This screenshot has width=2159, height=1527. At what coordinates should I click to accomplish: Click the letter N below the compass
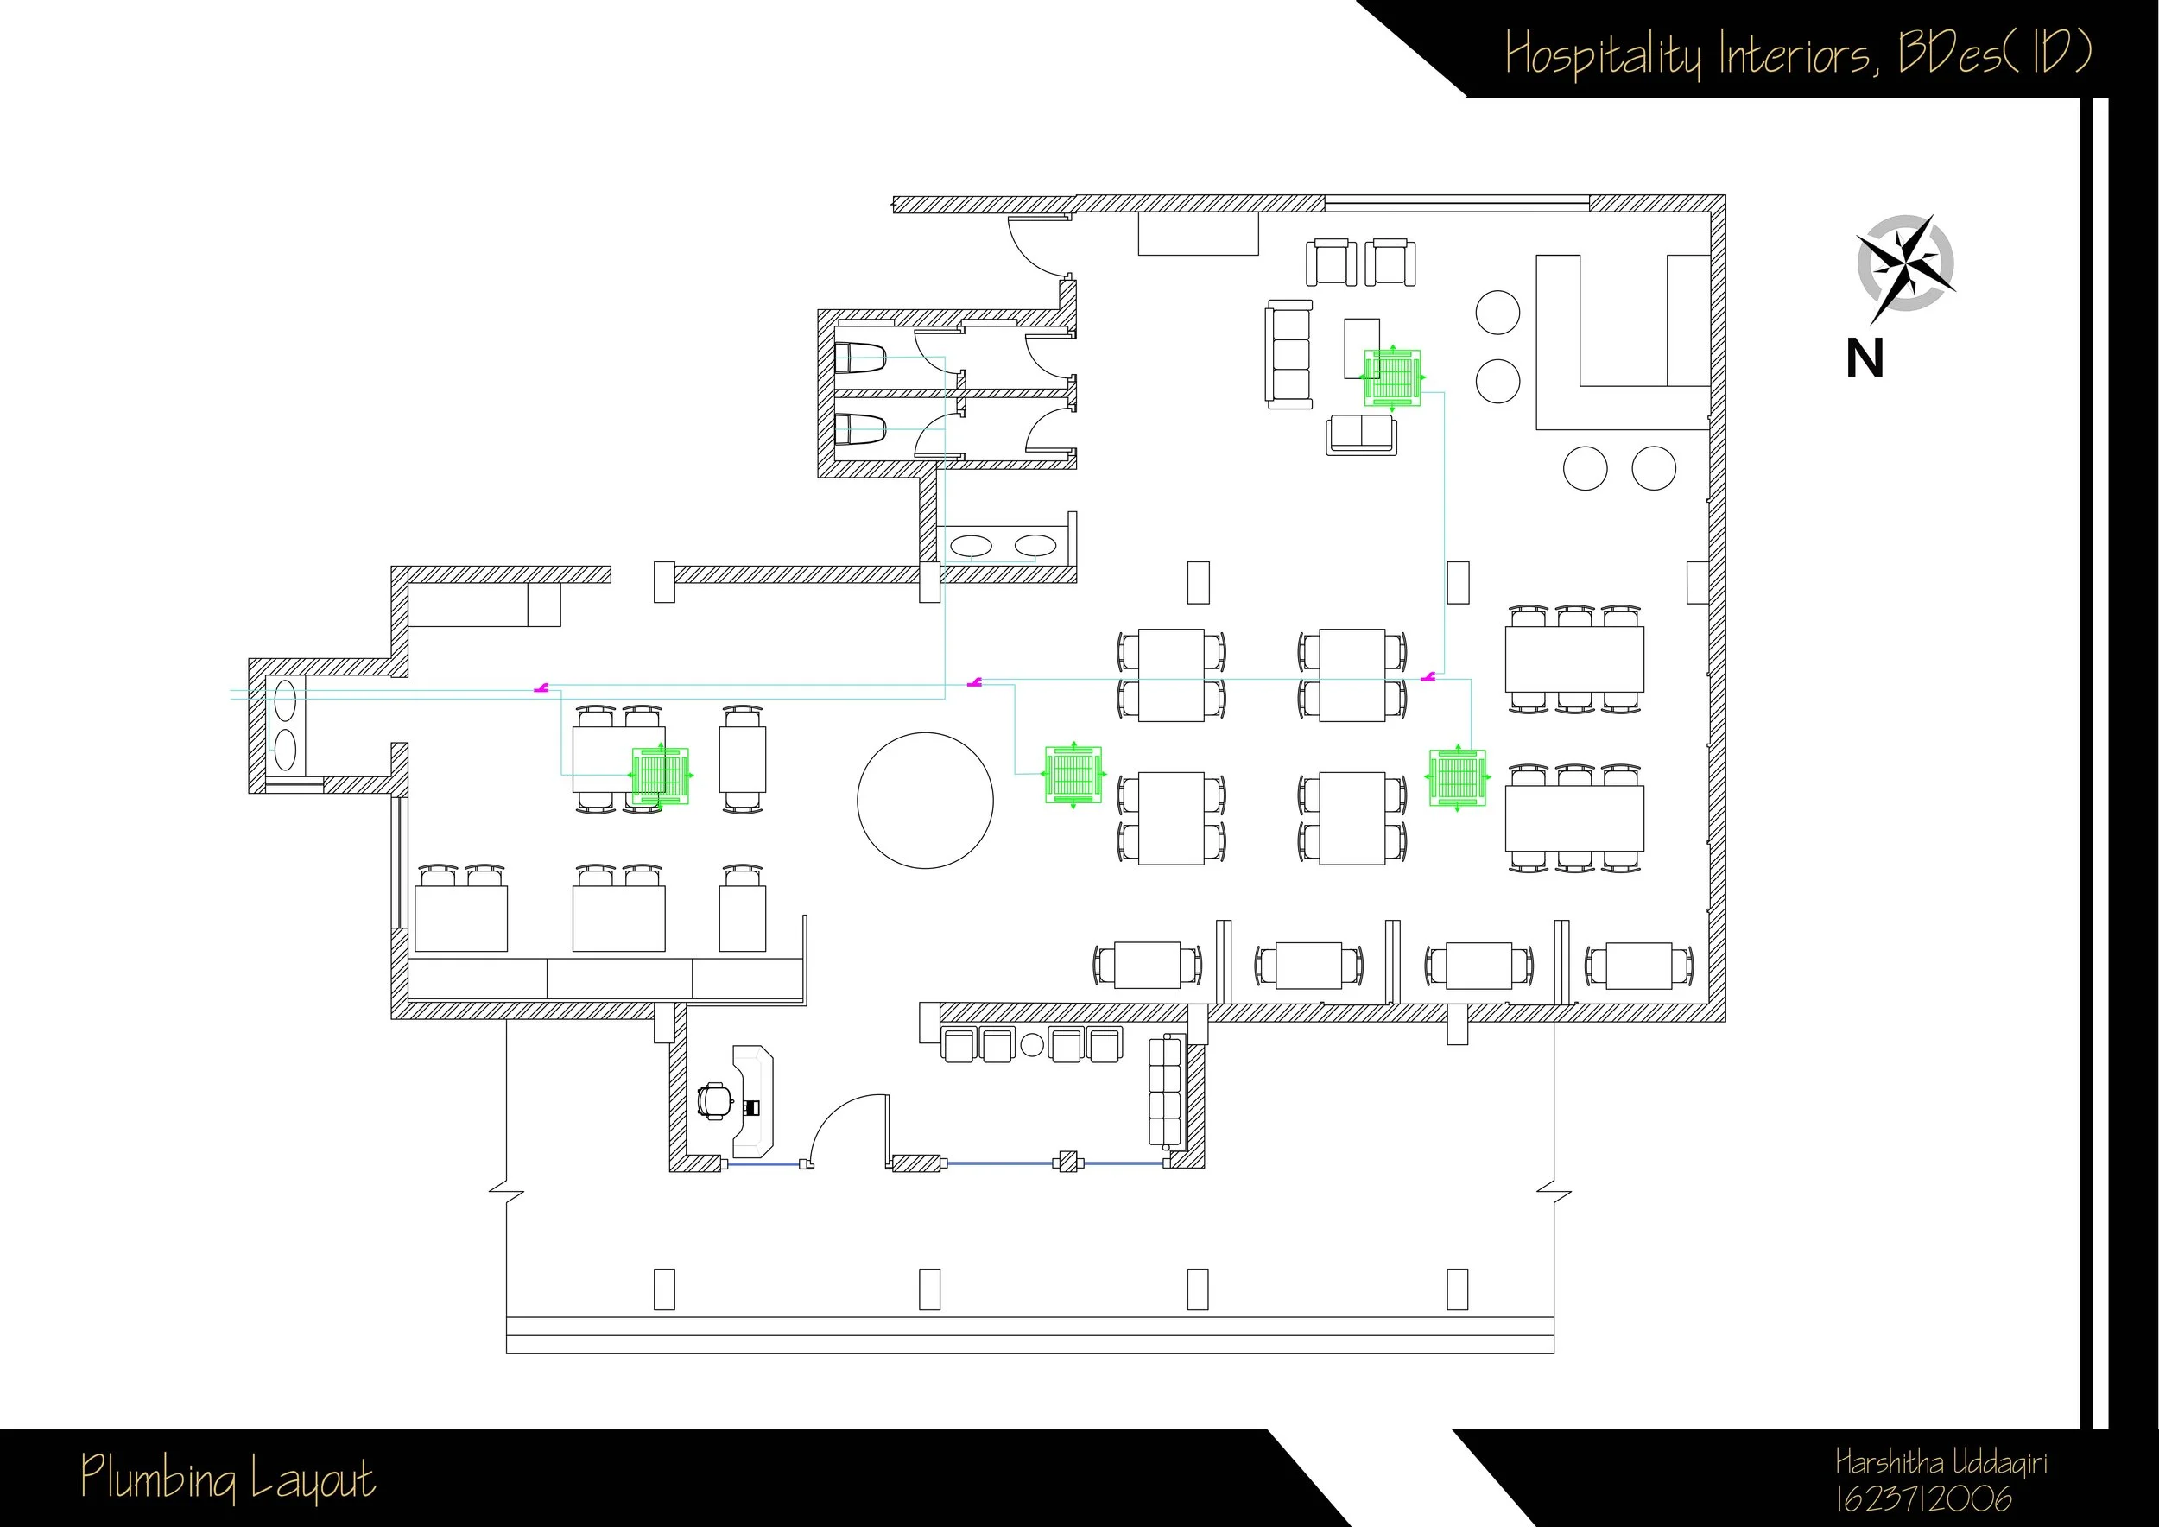click(1865, 359)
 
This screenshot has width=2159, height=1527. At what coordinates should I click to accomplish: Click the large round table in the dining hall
click(924, 800)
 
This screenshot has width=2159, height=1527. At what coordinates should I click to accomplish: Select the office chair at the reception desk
click(717, 1100)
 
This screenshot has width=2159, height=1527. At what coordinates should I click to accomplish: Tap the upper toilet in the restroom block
click(860, 358)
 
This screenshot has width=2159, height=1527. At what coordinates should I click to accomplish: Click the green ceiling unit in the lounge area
click(1393, 378)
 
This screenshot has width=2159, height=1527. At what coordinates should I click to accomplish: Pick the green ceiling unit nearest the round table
click(1073, 774)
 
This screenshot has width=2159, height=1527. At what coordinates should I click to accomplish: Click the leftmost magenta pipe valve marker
click(541, 688)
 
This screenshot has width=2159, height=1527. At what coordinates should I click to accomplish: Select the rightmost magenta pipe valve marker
click(1428, 675)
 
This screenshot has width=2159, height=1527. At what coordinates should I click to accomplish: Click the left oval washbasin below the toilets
click(972, 545)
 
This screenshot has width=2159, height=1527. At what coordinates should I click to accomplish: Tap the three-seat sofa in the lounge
click(1288, 354)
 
